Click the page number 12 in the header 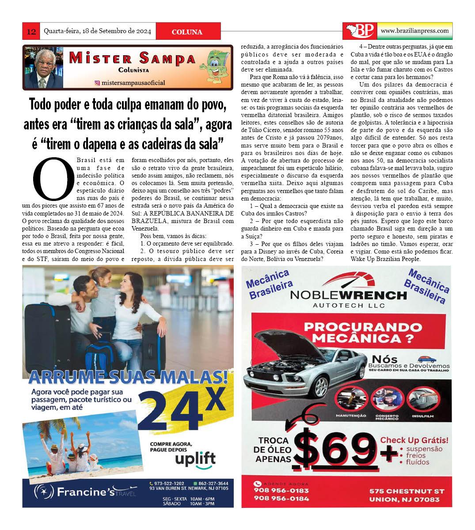(x=31, y=31)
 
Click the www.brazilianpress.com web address (x=414, y=31)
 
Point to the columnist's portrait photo (x=42, y=68)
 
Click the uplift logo (x=195, y=458)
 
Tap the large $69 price (x=338, y=447)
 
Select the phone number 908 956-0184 (x=281, y=499)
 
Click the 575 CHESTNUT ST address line (x=407, y=492)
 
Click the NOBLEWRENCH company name (x=349, y=295)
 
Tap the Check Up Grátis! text (x=414, y=440)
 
